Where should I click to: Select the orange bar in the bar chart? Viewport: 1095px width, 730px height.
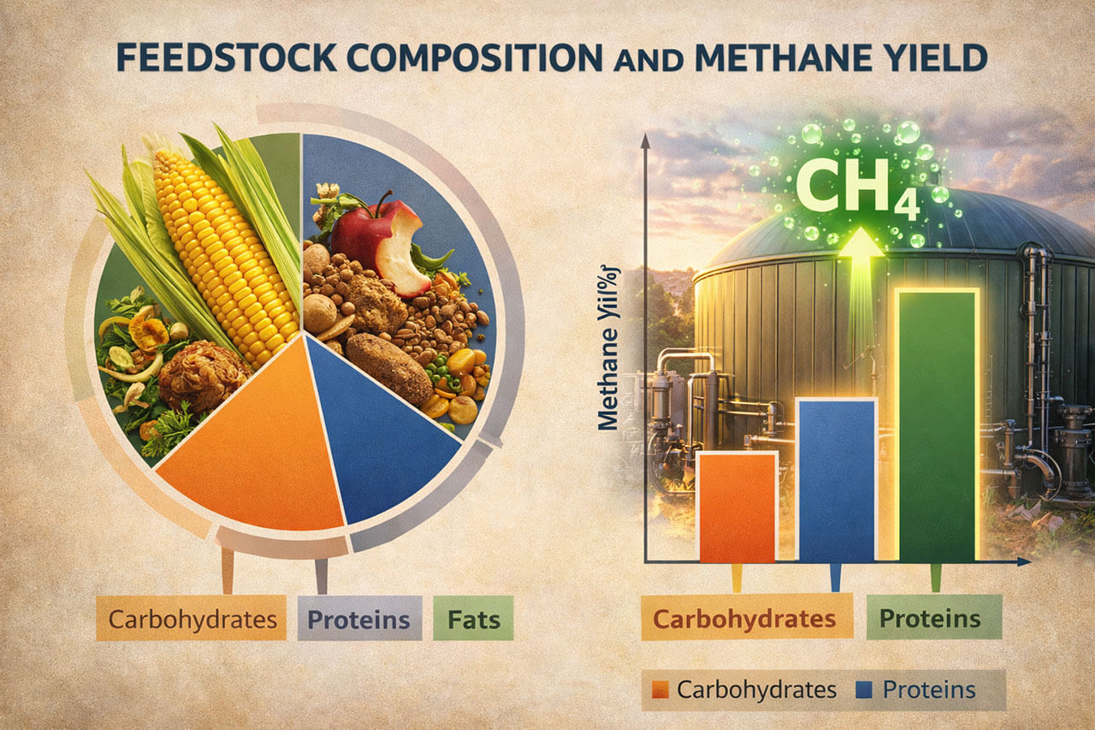[737, 507]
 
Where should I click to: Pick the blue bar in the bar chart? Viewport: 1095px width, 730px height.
[838, 479]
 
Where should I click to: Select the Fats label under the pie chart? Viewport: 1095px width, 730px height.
[473, 618]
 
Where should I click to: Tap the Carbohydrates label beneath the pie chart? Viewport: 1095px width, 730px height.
[192, 618]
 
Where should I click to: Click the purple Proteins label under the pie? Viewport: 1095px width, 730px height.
[359, 618]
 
